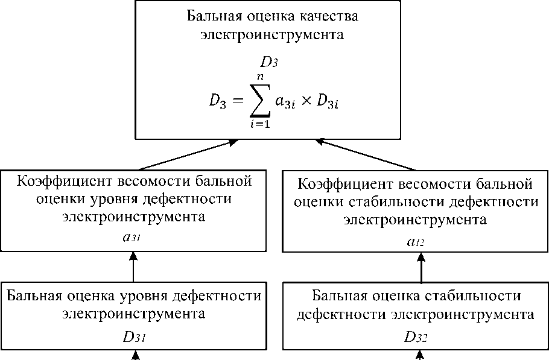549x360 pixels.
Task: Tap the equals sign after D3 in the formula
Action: point(240,101)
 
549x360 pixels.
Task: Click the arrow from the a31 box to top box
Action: point(187,156)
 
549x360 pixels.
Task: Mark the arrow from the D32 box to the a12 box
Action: point(421,268)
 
